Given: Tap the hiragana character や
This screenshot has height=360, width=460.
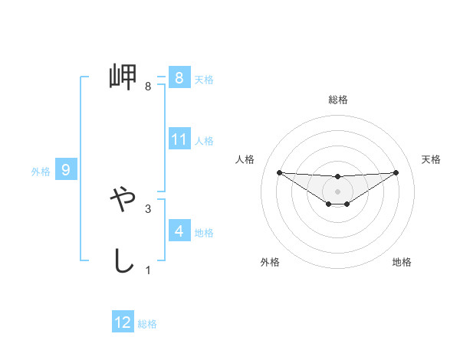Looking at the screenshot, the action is [x=123, y=202].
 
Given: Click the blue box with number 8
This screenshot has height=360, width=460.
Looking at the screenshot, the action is [x=179, y=78].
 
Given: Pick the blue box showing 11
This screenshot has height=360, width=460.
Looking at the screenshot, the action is [x=179, y=139].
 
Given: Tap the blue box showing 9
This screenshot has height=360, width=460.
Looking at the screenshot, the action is [x=66, y=170].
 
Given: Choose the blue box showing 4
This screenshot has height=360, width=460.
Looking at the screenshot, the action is [x=179, y=231].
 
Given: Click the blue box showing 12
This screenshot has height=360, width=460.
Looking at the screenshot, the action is [x=123, y=322].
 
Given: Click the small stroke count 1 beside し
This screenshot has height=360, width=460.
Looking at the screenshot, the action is [x=148, y=270].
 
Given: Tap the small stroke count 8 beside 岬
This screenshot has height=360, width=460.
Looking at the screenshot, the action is [x=148, y=87].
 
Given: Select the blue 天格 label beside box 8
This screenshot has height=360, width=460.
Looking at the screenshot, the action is [x=204, y=79].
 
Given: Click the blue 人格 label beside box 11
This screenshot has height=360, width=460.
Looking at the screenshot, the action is [x=204, y=140].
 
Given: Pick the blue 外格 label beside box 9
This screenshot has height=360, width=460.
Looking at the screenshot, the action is [x=41, y=172].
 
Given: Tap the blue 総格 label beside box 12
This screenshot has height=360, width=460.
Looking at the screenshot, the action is [x=147, y=324].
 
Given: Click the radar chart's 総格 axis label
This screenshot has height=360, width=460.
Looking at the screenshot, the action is [x=338, y=100].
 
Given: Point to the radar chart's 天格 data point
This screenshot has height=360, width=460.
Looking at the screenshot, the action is [x=396, y=172].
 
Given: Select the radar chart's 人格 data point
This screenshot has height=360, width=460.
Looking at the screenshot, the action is [x=279, y=172].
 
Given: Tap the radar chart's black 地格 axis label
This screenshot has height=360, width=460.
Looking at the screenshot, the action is [x=402, y=263].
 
